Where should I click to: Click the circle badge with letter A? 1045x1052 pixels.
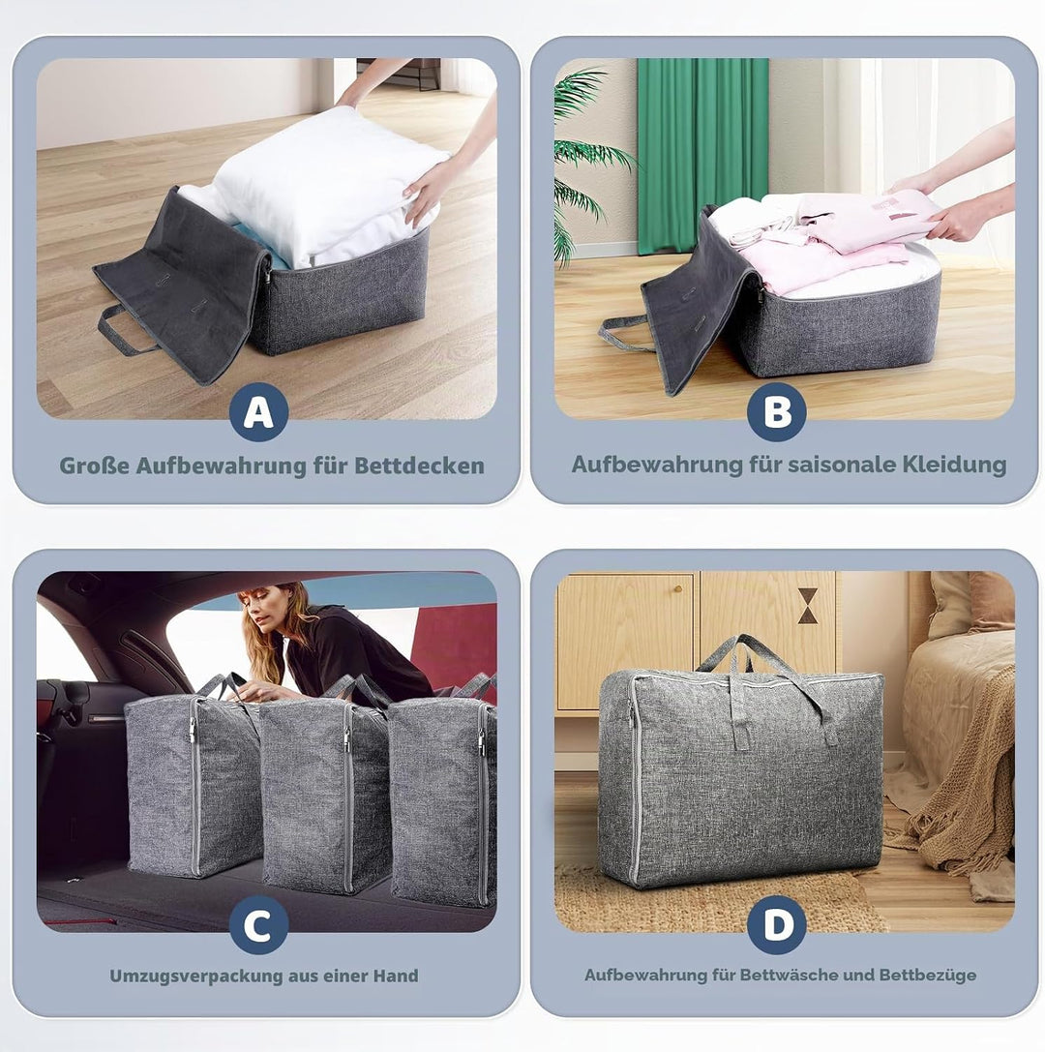pos(259,412)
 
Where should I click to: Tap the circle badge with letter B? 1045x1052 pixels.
pos(777,412)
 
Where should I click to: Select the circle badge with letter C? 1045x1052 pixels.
pos(259,925)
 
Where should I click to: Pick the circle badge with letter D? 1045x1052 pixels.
pos(777,925)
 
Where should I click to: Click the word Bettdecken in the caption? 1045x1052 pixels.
pos(419,466)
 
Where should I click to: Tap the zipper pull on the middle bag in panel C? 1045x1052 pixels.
pos(346,738)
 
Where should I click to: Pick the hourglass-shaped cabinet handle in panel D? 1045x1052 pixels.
pos(808,606)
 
